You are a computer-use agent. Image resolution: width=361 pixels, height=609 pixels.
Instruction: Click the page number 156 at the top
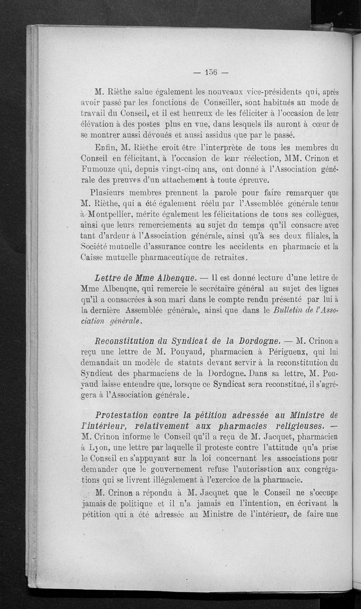pos(210,72)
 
